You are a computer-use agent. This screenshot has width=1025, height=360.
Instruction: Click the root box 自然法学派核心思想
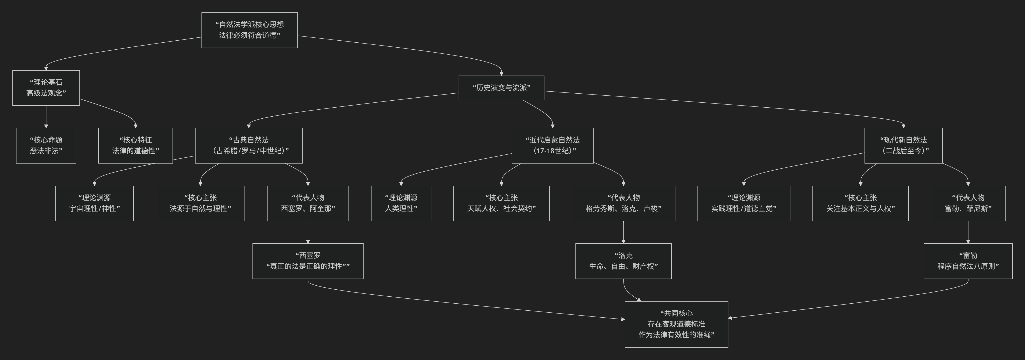click(250, 30)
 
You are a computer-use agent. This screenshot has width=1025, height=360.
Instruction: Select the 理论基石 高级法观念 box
click(46, 88)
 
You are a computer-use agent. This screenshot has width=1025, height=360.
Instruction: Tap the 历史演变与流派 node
click(501, 88)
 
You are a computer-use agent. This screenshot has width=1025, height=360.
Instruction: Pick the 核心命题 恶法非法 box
click(46, 145)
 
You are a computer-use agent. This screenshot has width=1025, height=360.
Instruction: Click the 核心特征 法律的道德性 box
click(136, 145)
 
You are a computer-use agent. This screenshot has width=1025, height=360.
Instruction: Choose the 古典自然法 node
click(249, 145)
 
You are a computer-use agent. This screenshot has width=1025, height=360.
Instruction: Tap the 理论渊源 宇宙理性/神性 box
click(94, 203)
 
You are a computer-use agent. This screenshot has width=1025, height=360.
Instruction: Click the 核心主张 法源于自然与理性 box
click(200, 203)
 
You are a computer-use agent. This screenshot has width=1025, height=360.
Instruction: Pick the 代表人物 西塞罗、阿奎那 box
click(308, 203)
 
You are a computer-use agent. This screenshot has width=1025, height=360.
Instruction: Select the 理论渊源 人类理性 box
click(401, 203)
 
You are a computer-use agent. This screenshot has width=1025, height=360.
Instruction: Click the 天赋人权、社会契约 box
click(501, 203)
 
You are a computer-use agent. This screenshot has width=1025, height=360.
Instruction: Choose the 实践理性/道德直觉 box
click(744, 203)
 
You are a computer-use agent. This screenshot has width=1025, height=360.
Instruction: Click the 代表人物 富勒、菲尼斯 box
click(968, 203)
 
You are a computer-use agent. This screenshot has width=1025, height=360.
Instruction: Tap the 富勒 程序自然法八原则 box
click(968, 261)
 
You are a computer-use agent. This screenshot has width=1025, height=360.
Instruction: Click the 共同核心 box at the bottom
click(676, 324)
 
